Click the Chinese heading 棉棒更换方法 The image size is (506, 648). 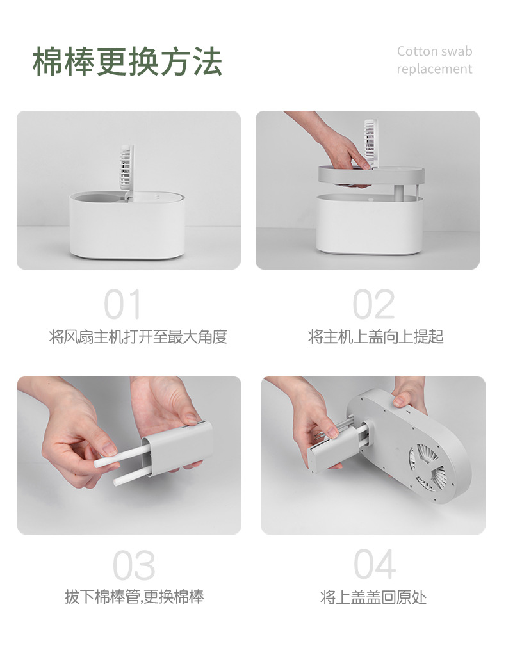click(x=127, y=61)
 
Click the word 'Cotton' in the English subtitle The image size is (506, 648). click(x=418, y=51)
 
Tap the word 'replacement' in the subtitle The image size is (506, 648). click(x=434, y=69)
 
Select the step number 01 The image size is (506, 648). click(x=122, y=304)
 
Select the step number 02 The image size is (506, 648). click(x=373, y=304)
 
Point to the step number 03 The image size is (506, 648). click(x=134, y=565)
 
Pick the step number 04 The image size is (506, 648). click(x=375, y=565)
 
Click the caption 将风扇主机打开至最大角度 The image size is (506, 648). click(x=138, y=337)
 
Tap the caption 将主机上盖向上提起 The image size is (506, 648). click(x=375, y=337)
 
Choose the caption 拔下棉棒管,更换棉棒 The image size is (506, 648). click(x=134, y=597)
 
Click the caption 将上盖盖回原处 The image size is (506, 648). click(x=373, y=597)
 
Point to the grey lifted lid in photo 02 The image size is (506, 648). click(x=371, y=175)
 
